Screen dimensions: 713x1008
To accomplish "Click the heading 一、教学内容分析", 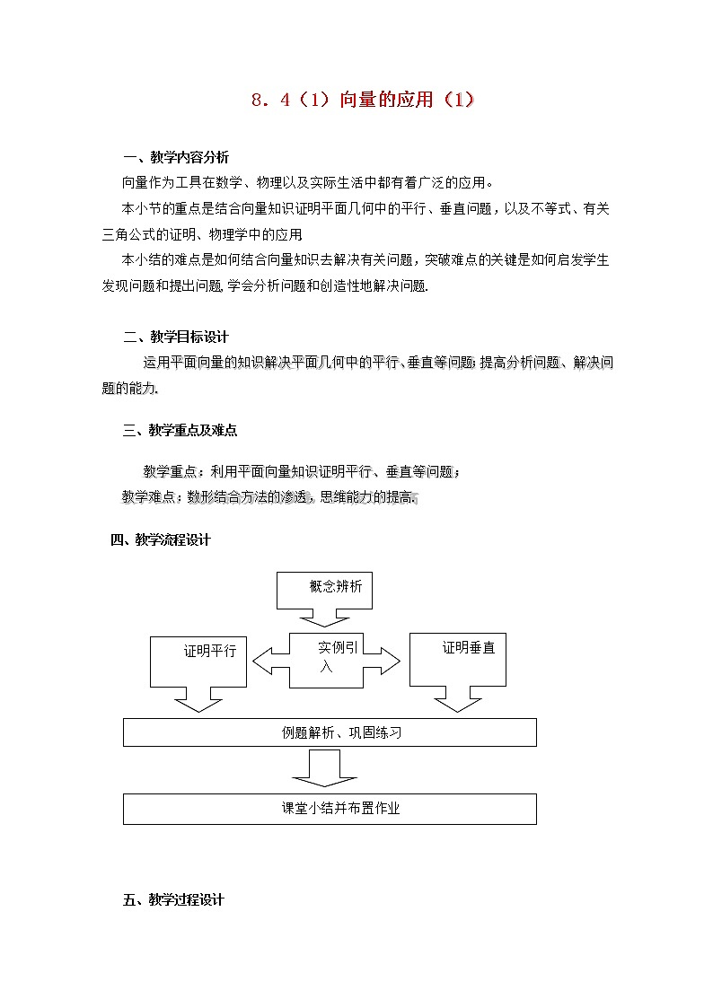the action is coord(175,157).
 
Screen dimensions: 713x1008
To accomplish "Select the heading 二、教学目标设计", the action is coord(175,337).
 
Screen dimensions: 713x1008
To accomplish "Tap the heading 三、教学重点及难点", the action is coord(180,431).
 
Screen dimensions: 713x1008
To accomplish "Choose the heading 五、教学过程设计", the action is coord(172,899).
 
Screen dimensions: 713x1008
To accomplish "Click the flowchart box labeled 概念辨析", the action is coord(325,588).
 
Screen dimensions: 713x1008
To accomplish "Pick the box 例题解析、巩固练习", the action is coord(329,732).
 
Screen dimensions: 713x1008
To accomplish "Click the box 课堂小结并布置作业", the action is coord(329,808).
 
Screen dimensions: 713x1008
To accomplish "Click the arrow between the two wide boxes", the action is coord(324,768).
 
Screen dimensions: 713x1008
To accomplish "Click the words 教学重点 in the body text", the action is coord(168,472).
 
